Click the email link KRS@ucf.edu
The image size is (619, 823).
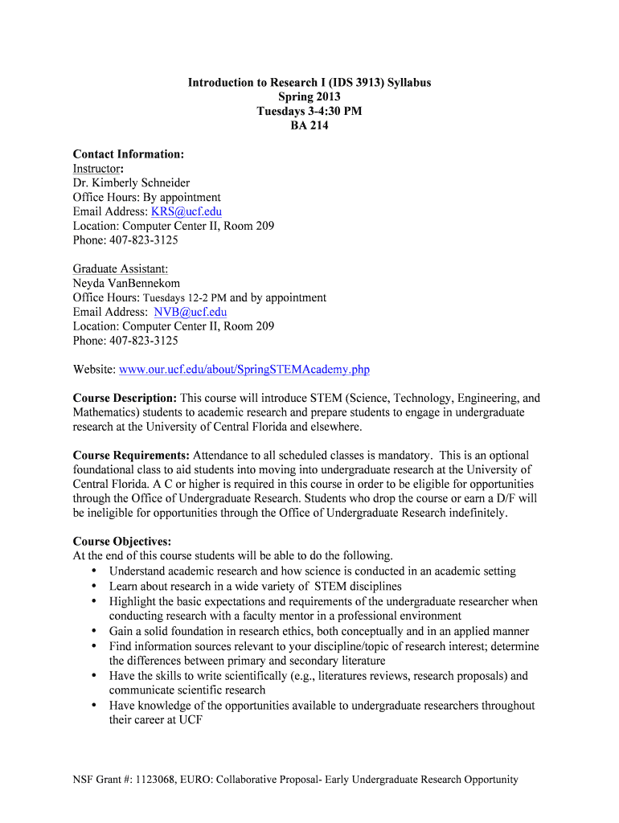point(187,211)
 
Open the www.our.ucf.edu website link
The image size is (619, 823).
point(244,370)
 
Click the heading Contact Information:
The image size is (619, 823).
point(129,154)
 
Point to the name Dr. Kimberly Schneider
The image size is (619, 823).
point(131,182)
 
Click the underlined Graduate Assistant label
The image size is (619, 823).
point(121,268)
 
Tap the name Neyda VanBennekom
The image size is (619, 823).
point(126,283)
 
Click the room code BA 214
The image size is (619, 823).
point(309,125)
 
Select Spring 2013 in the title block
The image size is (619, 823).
point(309,96)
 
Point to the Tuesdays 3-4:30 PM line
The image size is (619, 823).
point(309,111)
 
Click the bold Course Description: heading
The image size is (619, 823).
point(125,398)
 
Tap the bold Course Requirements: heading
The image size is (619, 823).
point(131,456)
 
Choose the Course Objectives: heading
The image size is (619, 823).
point(121,541)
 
